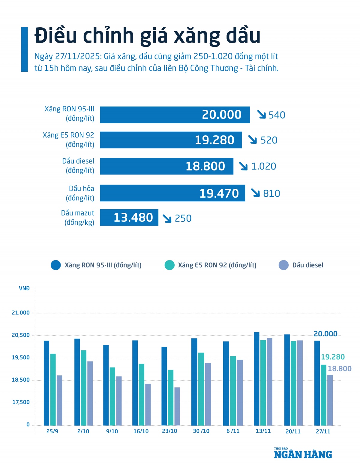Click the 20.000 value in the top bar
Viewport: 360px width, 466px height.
click(221, 115)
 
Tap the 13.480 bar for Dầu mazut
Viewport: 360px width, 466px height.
click(129, 218)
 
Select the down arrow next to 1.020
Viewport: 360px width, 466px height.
click(243, 166)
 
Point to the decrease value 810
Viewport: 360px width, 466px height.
click(271, 194)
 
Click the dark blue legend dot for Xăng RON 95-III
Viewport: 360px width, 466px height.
click(56, 265)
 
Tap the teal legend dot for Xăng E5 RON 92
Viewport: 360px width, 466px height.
click(169, 265)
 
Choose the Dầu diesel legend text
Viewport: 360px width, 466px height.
click(308, 265)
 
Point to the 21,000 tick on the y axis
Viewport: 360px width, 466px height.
click(21, 313)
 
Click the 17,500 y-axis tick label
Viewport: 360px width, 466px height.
click(21, 402)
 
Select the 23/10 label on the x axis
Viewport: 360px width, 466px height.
click(169, 431)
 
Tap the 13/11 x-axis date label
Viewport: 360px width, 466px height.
click(263, 431)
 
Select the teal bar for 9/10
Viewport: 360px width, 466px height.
click(112, 396)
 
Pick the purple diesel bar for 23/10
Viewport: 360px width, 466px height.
click(177, 406)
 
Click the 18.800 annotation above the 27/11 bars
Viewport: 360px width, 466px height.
click(339, 369)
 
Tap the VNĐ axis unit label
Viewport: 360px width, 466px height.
click(24, 288)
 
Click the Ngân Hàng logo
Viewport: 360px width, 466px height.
click(303, 454)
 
